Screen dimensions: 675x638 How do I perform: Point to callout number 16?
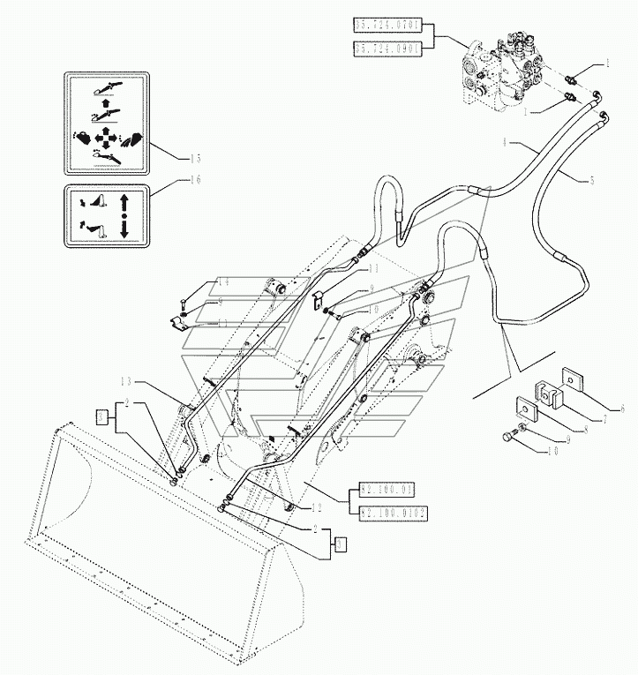click(x=196, y=180)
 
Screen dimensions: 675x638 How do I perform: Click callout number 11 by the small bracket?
click(x=373, y=268)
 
